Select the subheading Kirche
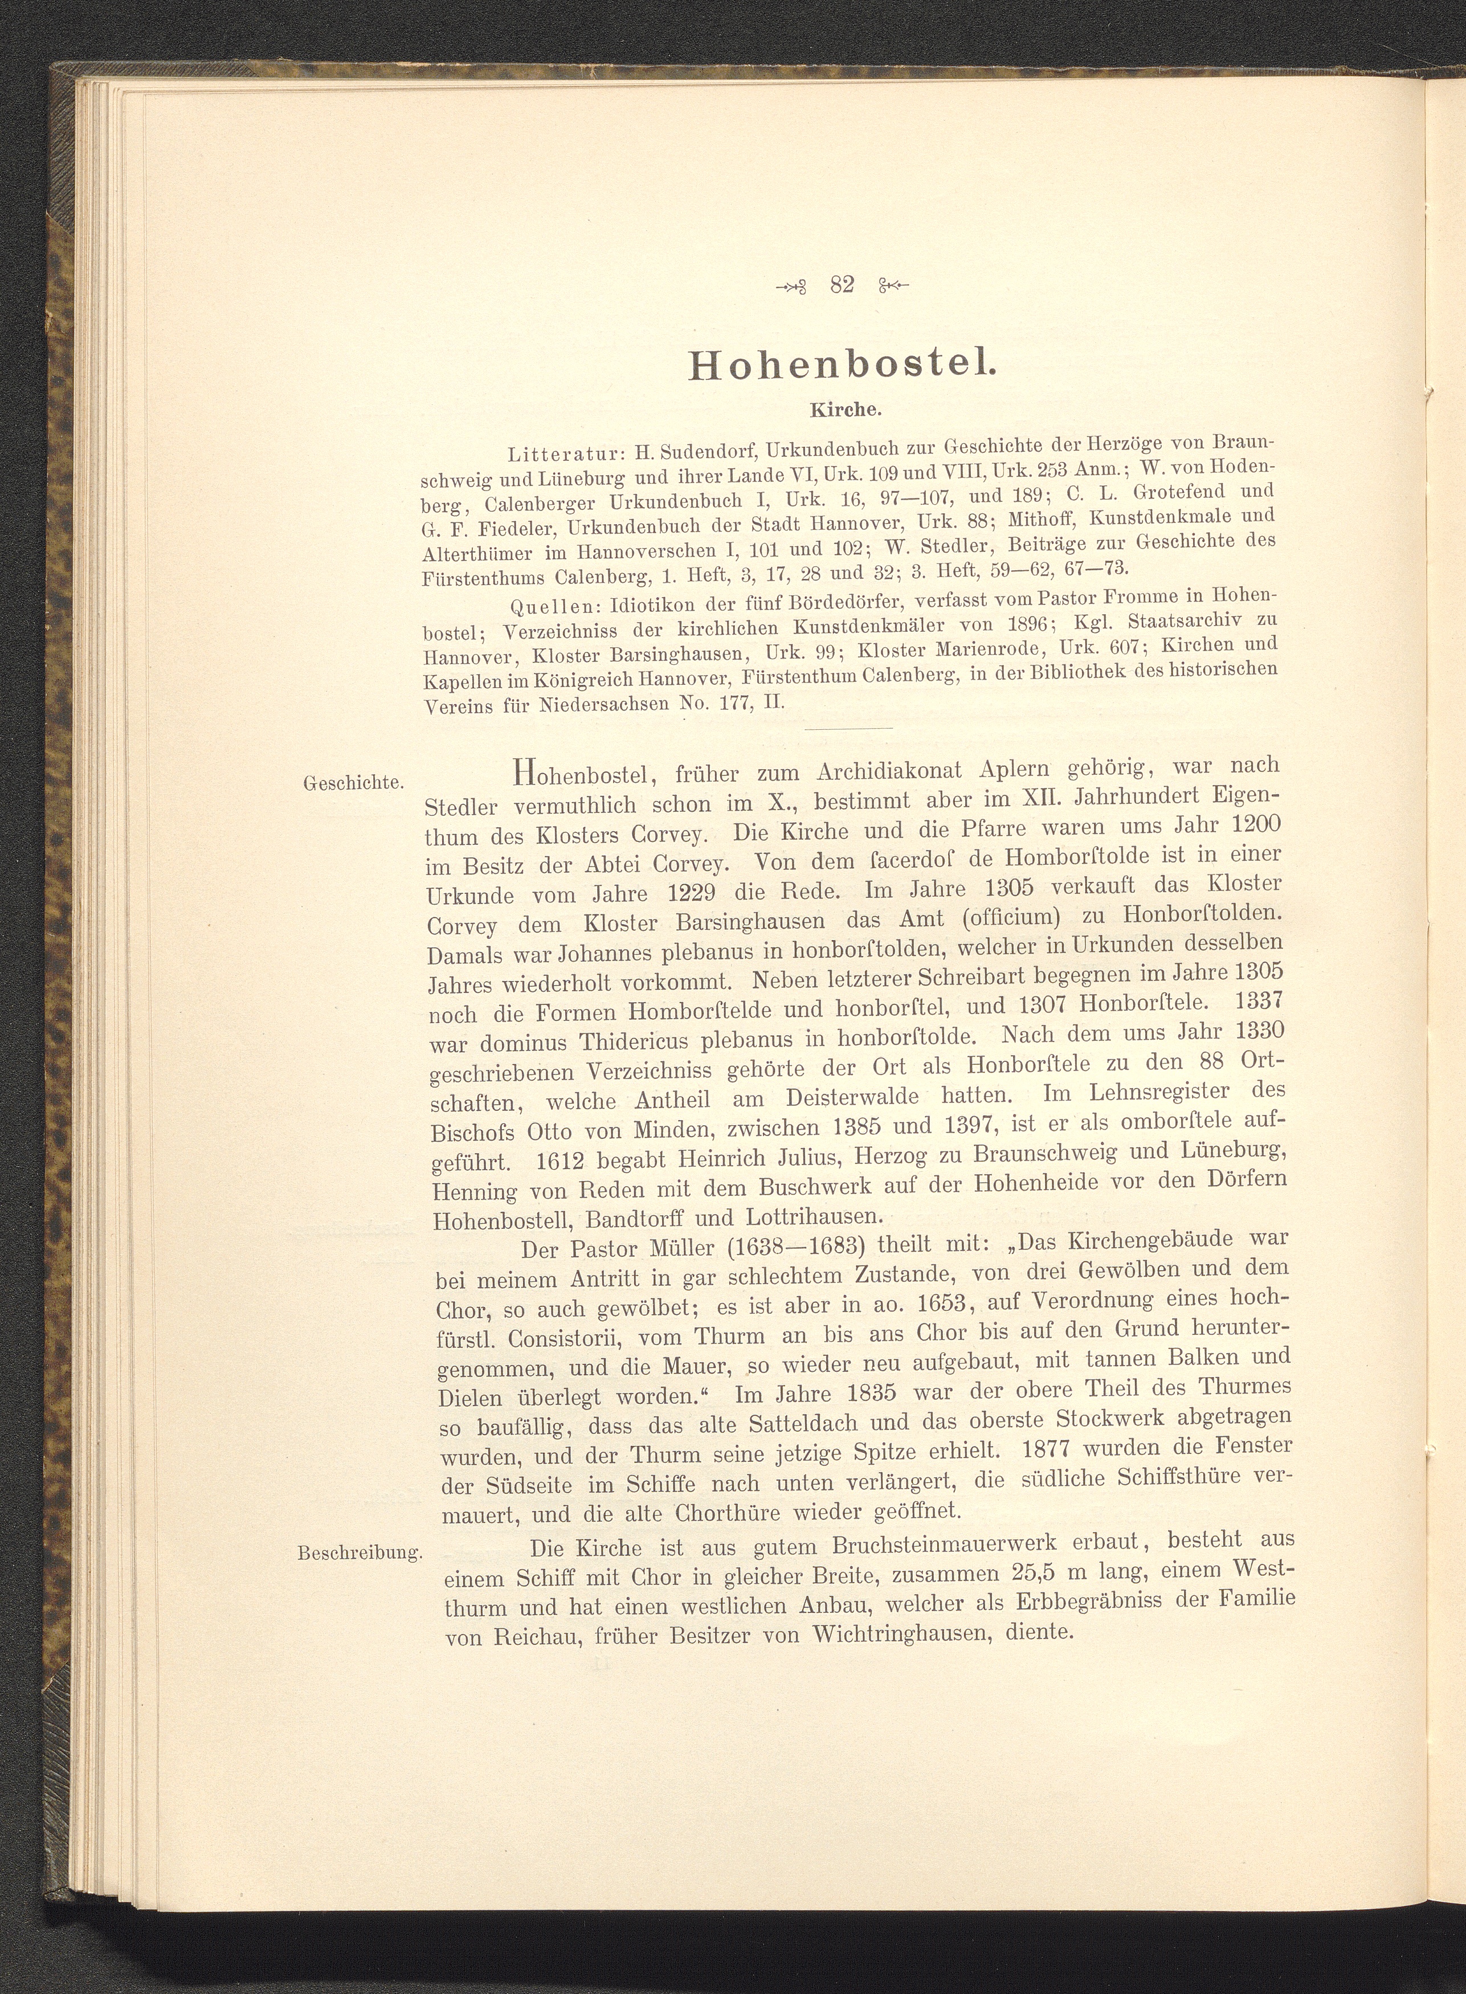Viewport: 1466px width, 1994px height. [x=843, y=411]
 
